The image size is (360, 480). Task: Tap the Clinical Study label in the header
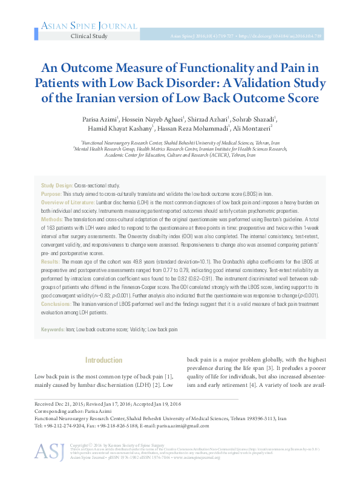(x=89, y=36)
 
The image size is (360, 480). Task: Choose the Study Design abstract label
(x=56, y=185)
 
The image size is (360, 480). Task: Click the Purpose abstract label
(x=51, y=193)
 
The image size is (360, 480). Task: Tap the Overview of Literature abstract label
(x=67, y=202)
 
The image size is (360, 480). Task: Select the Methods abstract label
(x=51, y=218)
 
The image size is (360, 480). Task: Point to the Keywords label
(x=53, y=330)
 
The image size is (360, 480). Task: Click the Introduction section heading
(x=104, y=361)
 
